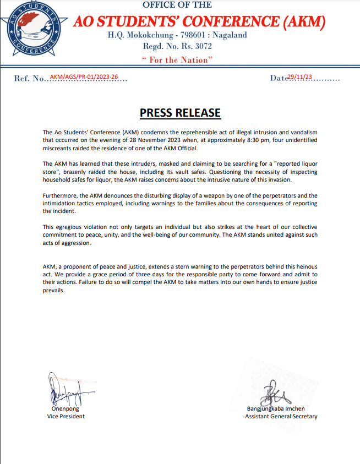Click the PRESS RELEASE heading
coord(180,113)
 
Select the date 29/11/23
coord(299,77)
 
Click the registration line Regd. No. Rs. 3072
coord(177,47)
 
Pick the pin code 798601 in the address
coord(188,35)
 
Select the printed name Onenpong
coord(66,409)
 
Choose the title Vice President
coord(66,417)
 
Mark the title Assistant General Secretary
coord(281,417)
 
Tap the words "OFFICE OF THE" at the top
coord(177,5)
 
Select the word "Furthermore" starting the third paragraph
coord(59,196)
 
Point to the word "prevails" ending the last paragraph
coord(54,290)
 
